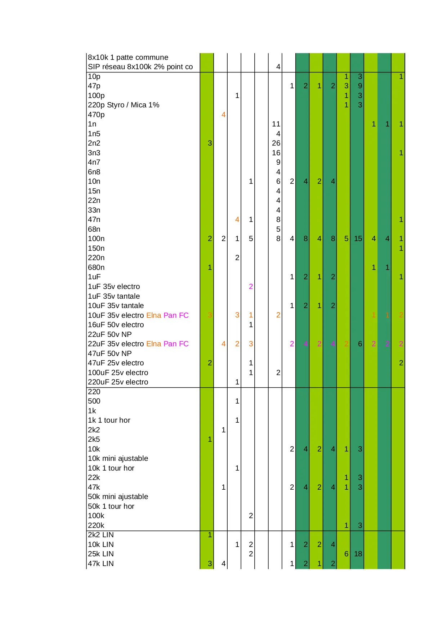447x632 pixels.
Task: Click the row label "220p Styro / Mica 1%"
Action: (123, 105)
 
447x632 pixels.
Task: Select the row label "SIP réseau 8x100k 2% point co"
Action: (140, 67)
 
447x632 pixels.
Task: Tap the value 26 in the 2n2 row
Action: (276, 143)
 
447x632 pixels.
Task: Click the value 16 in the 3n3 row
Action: (276, 153)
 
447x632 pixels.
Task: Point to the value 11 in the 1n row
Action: (276, 124)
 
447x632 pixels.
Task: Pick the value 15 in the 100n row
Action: (358, 239)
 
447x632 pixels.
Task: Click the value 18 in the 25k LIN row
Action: (358, 554)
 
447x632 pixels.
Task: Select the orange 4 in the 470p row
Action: (223, 115)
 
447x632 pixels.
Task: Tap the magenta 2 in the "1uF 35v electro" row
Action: (251, 286)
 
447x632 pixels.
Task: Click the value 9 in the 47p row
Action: (360, 86)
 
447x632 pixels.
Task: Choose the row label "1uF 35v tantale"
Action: (114, 296)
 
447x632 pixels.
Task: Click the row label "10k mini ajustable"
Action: (118, 458)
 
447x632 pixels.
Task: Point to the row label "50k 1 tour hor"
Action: (111, 506)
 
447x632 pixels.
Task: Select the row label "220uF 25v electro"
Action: (118, 382)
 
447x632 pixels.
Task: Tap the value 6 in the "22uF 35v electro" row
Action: (360, 344)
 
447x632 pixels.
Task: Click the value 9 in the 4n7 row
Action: (278, 162)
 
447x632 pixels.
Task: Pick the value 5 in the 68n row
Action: (278, 229)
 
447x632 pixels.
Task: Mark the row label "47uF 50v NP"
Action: (109, 353)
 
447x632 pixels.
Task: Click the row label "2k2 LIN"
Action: (100, 535)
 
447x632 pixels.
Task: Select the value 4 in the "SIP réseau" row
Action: (278, 67)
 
